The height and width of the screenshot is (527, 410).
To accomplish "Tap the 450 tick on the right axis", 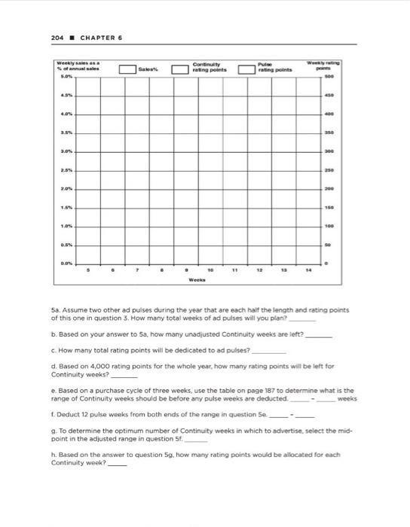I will [x=350, y=96].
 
